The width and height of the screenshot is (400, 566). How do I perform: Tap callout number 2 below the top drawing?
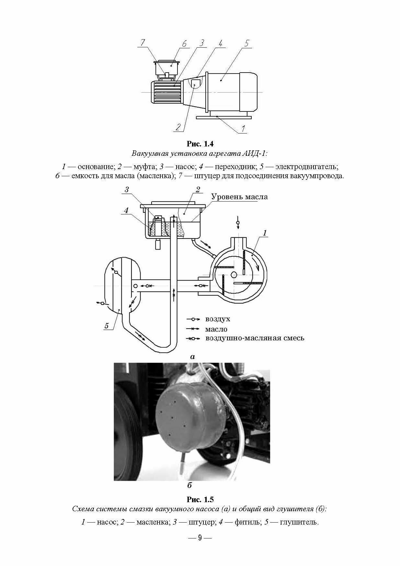[x=178, y=127]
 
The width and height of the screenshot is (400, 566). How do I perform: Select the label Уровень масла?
[x=239, y=197]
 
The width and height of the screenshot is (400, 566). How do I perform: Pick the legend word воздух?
[x=218, y=319]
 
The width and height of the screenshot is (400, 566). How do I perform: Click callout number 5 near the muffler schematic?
[x=107, y=326]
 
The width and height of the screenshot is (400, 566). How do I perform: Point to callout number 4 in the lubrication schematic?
[x=126, y=211]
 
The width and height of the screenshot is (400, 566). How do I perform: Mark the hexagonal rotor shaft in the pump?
[x=234, y=275]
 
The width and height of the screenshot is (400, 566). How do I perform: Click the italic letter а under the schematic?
[x=193, y=357]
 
